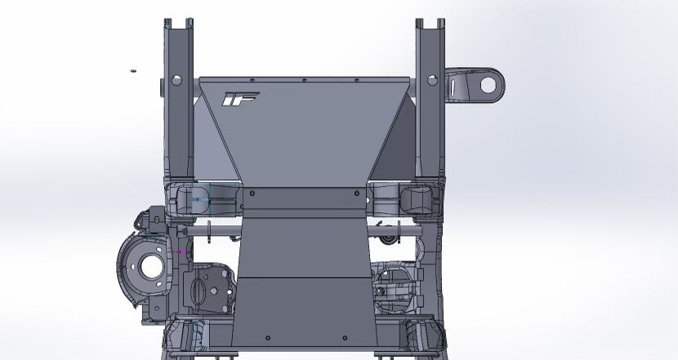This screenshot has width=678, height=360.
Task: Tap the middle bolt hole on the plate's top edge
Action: point(304,81)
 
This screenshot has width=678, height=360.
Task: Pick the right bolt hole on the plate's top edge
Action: point(356,81)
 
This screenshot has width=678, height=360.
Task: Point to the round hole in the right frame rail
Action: point(432,82)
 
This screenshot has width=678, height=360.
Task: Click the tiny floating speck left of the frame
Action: point(132,71)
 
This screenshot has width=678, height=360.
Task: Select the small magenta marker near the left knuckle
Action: point(181,251)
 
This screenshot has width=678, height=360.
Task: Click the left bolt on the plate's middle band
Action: point(252,194)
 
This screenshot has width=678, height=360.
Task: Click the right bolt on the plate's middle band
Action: point(355,194)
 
